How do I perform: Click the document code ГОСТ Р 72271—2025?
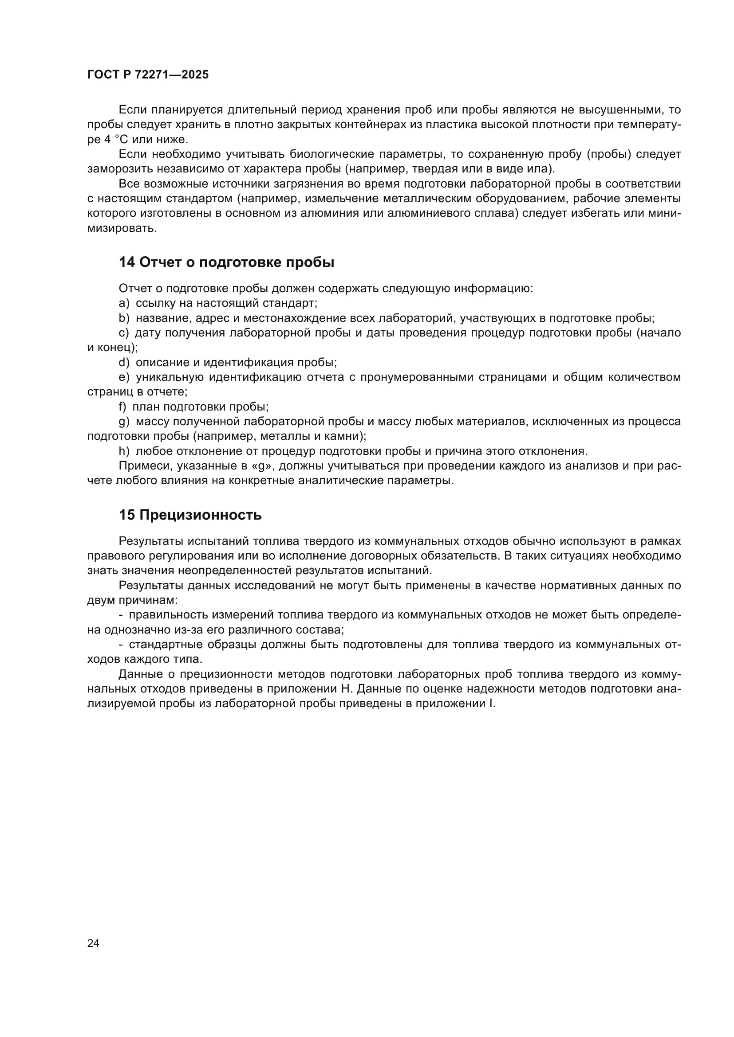[148, 75]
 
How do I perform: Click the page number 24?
[93, 943]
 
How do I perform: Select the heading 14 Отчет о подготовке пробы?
[226, 262]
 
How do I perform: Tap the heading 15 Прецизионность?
[190, 515]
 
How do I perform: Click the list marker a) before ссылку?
[124, 303]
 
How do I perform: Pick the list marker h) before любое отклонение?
[124, 451]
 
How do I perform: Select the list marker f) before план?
[123, 407]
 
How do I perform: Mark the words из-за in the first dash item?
[185, 629]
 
